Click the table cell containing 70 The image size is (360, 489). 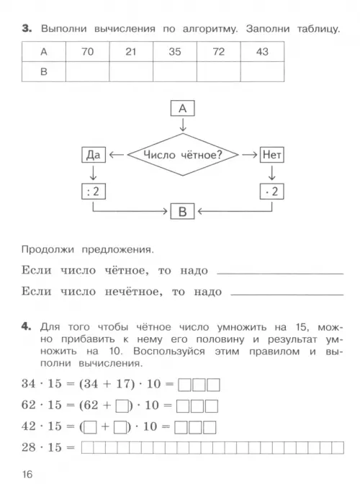click(x=88, y=51)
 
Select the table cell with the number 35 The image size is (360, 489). click(x=175, y=51)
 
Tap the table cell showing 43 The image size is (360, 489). click(x=263, y=51)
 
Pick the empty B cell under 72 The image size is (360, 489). click(x=219, y=71)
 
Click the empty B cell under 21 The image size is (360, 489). click(x=131, y=71)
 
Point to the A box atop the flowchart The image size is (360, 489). click(x=183, y=108)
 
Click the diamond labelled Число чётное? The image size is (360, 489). click(x=183, y=154)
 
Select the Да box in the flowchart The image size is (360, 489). click(x=94, y=155)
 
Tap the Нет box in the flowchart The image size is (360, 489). click(x=271, y=155)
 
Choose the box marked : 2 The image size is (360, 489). click(x=94, y=191)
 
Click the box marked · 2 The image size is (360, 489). click(x=271, y=191)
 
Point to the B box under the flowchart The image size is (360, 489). click(x=183, y=212)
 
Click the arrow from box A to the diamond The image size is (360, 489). click(x=183, y=124)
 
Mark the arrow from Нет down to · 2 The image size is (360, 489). click(x=271, y=173)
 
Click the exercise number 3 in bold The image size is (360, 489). click(x=27, y=29)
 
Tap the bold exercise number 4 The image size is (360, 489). click(x=27, y=326)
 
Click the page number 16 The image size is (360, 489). click(x=27, y=475)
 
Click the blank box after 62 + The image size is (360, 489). click(x=122, y=406)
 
